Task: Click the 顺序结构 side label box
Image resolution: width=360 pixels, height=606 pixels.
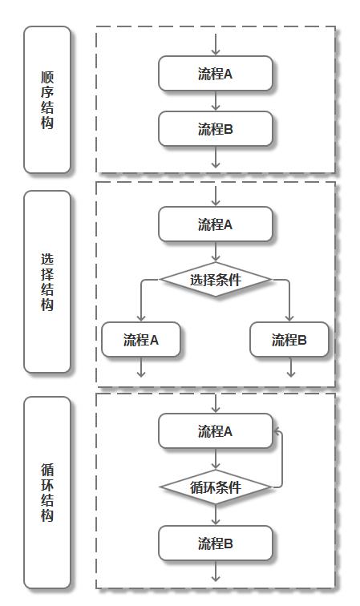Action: pos(47,100)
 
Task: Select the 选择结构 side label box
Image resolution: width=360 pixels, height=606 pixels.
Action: pos(47,282)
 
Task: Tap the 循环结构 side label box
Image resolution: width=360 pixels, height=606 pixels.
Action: pos(47,492)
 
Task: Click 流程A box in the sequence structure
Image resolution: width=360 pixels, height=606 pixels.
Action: pos(215,74)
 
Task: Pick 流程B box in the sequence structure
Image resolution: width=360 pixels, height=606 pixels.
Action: pos(215,128)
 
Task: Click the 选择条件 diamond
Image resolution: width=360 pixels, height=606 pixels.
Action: pos(215,280)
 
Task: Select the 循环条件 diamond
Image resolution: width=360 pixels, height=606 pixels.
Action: pos(215,487)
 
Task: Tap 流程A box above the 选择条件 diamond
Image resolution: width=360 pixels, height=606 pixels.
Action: pos(215,224)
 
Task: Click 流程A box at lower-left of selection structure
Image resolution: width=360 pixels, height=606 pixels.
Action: pos(141,340)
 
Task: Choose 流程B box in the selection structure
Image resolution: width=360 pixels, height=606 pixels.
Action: pos(289,340)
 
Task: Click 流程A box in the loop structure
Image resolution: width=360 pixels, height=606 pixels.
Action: pos(215,431)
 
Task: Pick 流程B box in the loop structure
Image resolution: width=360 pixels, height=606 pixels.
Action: pos(215,543)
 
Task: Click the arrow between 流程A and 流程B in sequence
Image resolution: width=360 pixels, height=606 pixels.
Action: pos(216,101)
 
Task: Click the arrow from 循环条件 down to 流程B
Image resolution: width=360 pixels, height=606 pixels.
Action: pos(216,515)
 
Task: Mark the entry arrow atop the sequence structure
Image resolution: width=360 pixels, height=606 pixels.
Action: pos(216,45)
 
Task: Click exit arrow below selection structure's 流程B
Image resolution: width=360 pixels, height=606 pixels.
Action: pos(290,367)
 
